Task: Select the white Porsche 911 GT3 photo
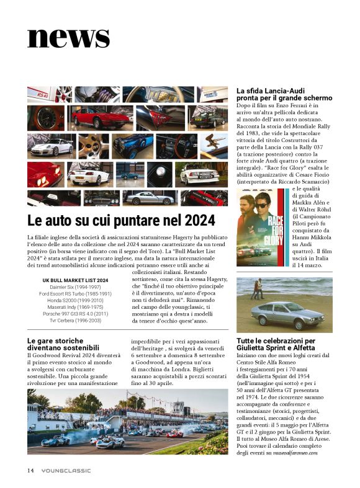coord(50,146)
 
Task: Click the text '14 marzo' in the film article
coord(306,265)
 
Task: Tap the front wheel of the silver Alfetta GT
coord(267,324)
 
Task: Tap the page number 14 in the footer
coord(30,470)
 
